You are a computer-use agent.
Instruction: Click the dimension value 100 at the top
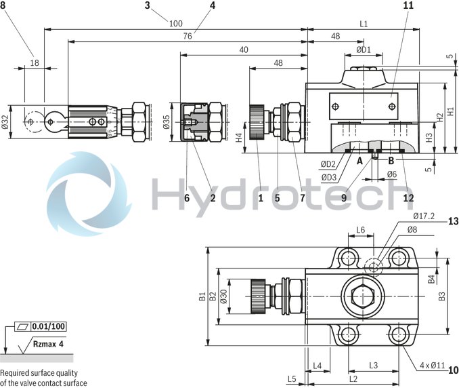click(x=176, y=23)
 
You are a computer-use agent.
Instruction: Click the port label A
click(x=360, y=161)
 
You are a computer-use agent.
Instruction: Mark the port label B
click(x=391, y=161)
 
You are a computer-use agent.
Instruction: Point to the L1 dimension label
click(x=364, y=24)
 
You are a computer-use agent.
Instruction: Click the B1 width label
click(x=201, y=296)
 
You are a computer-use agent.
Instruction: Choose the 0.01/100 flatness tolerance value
click(x=49, y=326)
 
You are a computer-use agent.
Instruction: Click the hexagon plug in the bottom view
click(x=364, y=295)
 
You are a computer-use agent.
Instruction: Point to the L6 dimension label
click(x=361, y=230)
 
